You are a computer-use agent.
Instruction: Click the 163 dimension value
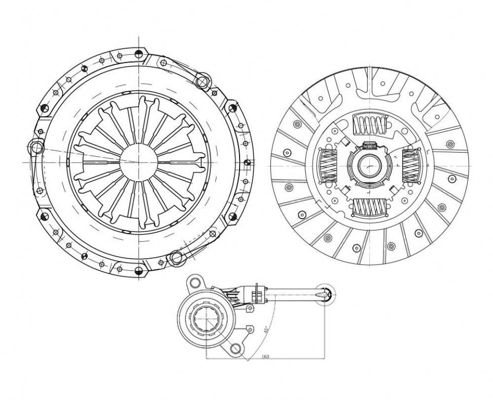(x=265, y=357)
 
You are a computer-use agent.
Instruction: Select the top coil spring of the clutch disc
(x=369, y=125)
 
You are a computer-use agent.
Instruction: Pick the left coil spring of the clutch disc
(x=328, y=166)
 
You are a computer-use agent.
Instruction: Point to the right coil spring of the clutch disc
(x=410, y=166)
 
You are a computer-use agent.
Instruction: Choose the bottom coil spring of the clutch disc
(x=369, y=207)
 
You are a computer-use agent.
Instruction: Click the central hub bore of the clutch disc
(x=370, y=166)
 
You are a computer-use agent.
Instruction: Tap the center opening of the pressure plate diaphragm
(x=139, y=162)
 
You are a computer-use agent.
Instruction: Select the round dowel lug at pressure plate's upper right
(x=203, y=81)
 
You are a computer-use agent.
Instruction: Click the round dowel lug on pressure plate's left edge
(x=37, y=147)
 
